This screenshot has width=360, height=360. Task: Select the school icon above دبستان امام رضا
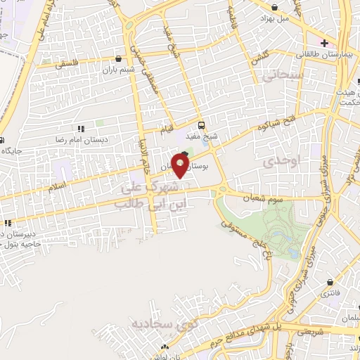[x=80, y=129]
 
